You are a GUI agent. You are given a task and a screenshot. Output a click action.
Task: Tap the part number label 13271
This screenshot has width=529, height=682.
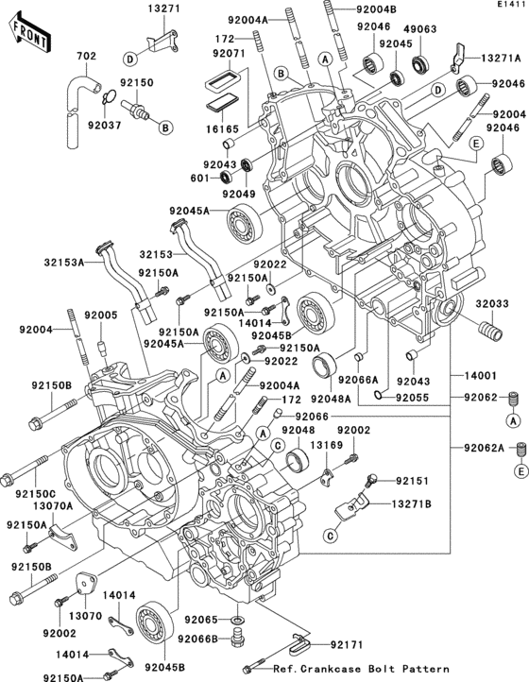point(162,9)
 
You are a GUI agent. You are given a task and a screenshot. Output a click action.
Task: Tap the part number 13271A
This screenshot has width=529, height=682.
point(485,58)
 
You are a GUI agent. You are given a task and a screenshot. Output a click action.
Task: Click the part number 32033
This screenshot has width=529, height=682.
point(491,304)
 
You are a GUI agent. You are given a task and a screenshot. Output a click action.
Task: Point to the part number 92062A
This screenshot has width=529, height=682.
point(486,448)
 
